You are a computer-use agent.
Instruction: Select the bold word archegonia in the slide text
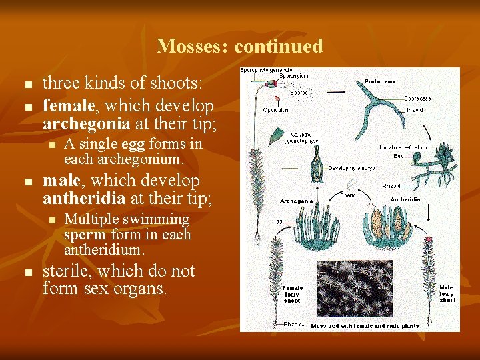pyautogui.click(x=83, y=123)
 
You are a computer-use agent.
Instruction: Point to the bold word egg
pyautogui.click(x=133, y=144)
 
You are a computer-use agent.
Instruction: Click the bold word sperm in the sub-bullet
pyautogui.click(x=85, y=235)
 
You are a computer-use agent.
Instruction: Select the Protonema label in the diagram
pyautogui.click(x=380, y=81)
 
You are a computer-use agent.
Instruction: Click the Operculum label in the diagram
pyautogui.click(x=276, y=110)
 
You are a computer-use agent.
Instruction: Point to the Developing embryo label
pyautogui.click(x=351, y=169)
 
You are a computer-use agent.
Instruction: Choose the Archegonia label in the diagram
pyautogui.click(x=297, y=200)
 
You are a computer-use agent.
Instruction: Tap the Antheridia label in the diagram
pyautogui.click(x=405, y=199)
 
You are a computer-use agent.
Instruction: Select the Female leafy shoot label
pyautogui.click(x=292, y=294)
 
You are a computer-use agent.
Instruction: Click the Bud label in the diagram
pyautogui.click(x=398, y=155)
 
